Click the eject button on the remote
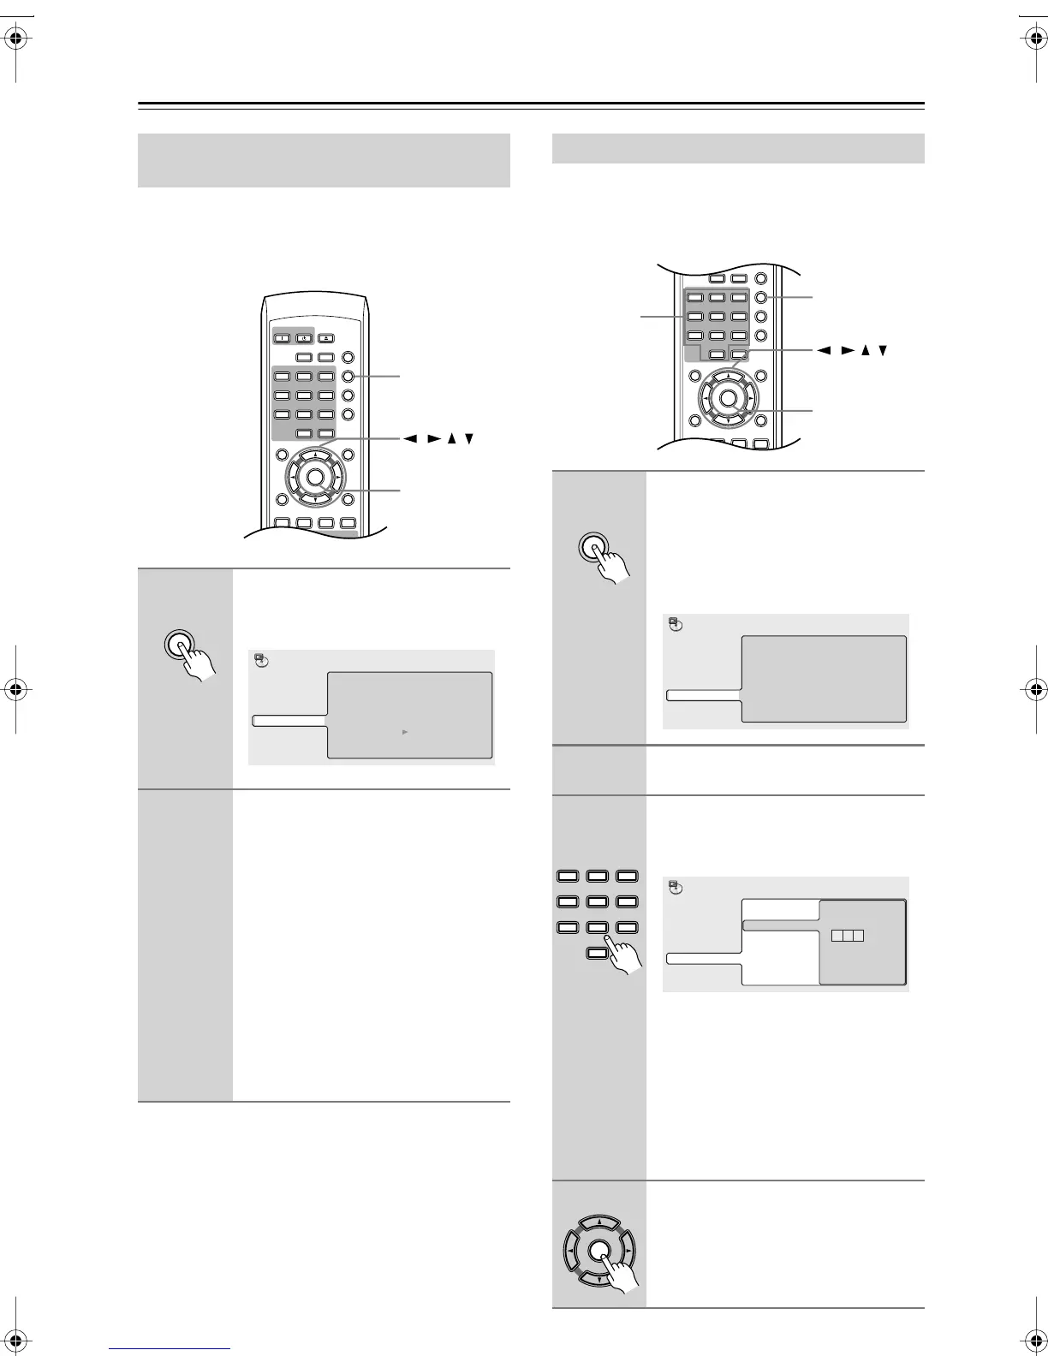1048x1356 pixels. point(327,338)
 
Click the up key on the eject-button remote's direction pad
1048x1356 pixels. point(315,456)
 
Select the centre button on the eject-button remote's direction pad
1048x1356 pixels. point(315,478)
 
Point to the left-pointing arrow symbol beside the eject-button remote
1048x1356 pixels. point(411,439)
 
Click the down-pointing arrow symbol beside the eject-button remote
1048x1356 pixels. point(469,439)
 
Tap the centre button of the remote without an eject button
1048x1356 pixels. point(728,398)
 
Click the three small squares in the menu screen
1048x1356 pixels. point(847,936)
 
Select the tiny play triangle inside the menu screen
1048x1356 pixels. point(404,732)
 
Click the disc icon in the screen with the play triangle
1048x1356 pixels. point(261,661)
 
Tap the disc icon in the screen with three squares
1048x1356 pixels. point(676,888)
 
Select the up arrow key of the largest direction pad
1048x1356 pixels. point(601,1222)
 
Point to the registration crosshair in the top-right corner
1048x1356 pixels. point(1031,39)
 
